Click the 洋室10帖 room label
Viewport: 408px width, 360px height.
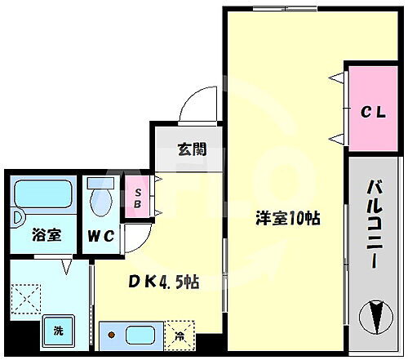286,219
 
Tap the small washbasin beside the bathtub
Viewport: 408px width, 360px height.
17,220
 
